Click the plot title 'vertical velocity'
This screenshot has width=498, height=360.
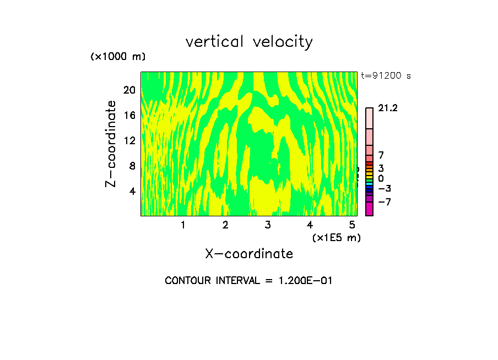click(249, 42)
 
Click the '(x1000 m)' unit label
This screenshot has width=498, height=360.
click(117, 57)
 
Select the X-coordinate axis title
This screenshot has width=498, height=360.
click(249, 254)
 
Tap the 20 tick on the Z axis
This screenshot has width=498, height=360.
click(129, 90)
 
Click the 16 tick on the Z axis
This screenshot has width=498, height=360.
click(129, 115)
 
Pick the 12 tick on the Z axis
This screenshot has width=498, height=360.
click(129, 140)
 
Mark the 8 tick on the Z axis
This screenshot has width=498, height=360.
click(132, 166)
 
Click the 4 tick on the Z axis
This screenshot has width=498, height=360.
click(132, 191)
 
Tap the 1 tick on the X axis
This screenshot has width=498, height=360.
click(183, 225)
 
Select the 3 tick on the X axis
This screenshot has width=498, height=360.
click(267, 225)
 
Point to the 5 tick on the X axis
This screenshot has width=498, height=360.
click(352, 225)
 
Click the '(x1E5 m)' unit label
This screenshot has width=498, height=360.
click(336, 237)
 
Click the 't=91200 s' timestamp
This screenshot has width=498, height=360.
click(386, 76)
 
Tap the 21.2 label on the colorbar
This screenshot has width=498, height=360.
click(388, 108)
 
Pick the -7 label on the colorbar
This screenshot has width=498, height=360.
click(385, 202)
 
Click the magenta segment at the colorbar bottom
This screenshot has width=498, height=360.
click(369, 209)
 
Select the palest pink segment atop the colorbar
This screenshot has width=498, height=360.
click(369, 118)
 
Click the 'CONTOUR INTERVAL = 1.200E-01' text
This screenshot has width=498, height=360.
click(248, 281)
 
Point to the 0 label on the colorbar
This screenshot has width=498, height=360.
click(381, 178)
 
